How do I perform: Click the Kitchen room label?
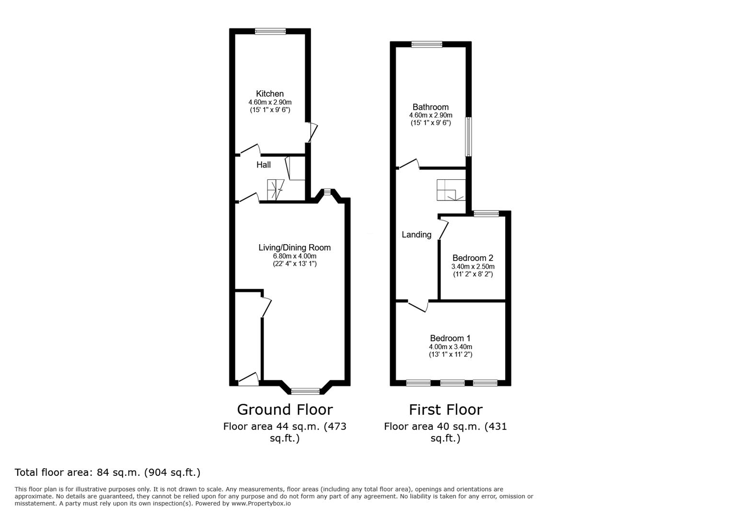point(269,94)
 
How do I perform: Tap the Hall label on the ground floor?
point(263,165)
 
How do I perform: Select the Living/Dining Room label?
point(294,247)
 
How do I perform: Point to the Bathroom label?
point(430,107)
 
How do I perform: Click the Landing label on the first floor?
point(416,235)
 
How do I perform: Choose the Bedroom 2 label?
point(473,258)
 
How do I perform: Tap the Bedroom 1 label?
point(450,338)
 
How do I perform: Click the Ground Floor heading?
point(285,410)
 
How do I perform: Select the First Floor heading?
point(446,410)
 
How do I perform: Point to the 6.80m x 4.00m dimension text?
point(294,256)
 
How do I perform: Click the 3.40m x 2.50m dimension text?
point(473,267)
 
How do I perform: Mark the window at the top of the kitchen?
point(270,31)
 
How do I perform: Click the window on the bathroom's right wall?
point(468,137)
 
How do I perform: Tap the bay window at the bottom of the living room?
point(305,392)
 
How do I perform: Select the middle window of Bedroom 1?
point(452,383)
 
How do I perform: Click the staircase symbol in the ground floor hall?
point(276,190)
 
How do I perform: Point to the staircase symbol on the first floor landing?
point(451,190)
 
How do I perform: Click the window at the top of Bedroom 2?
point(486,213)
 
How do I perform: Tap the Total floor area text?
point(107,472)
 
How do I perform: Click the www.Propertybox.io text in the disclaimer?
point(261,504)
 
